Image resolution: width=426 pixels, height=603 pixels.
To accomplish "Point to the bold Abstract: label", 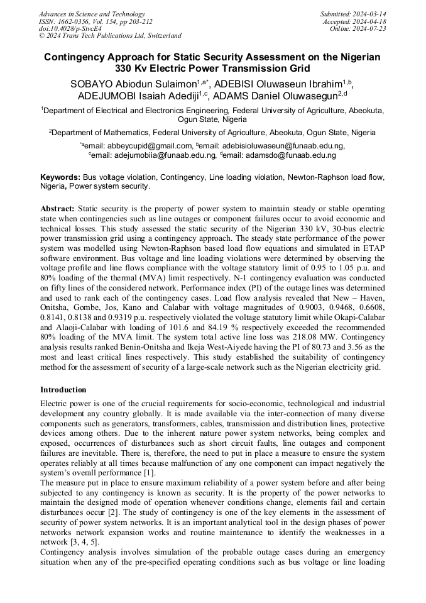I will [57, 208].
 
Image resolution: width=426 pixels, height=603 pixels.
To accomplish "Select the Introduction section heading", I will [65, 389].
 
